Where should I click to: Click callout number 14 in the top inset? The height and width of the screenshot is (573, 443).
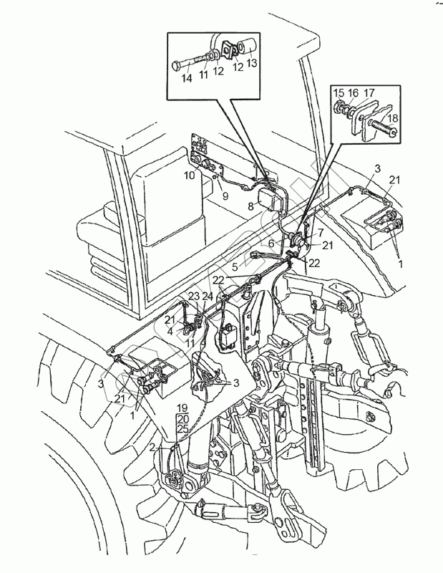pyautogui.click(x=186, y=78)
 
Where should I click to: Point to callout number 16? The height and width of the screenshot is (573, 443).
pyautogui.click(x=354, y=92)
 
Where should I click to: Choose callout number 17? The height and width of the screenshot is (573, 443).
pyautogui.click(x=369, y=92)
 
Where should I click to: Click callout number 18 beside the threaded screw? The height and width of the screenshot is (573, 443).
pyautogui.click(x=391, y=117)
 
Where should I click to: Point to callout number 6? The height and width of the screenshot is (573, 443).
pyautogui.click(x=271, y=244)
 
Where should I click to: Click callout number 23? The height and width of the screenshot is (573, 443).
pyautogui.click(x=193, y=297)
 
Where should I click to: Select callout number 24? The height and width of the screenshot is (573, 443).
pyautogui.click(x=207, y=297)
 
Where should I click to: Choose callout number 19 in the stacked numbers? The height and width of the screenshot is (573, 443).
pyautogui.click(x=182, y=408)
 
